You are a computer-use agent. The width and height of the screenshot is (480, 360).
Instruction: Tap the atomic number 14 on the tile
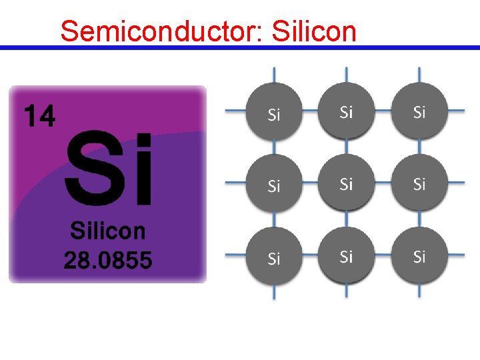pos(40,116)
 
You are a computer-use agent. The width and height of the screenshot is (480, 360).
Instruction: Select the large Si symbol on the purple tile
pos(109,171)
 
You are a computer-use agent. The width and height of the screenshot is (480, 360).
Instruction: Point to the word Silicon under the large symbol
pos(107,231)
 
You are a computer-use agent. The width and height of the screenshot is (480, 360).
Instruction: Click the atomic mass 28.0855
pos(107,259)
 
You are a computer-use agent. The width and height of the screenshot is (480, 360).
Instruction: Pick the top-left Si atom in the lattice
pos(274,111)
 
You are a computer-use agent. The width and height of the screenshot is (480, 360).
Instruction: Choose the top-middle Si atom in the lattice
pos(346,111)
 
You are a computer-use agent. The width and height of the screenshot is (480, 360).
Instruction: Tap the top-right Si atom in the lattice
pos(419,111)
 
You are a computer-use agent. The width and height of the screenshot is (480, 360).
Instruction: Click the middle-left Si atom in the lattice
pos(274,184)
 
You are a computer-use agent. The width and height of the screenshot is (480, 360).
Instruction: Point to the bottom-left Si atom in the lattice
pos(274,257)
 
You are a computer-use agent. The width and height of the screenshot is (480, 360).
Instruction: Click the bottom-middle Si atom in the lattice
pos(346,257)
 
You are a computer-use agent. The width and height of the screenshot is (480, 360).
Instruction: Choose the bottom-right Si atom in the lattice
pos(419,257)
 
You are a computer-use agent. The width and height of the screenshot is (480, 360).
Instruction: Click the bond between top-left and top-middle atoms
pos(310,111)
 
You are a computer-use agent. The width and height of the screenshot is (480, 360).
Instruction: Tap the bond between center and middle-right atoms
pos(383,183)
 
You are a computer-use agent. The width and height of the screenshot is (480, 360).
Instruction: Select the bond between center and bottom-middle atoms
pos(346,221)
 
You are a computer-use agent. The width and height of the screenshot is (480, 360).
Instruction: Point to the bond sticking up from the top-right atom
pos(419,74)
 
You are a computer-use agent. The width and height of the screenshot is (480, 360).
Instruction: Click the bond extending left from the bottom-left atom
pos(235,255)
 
